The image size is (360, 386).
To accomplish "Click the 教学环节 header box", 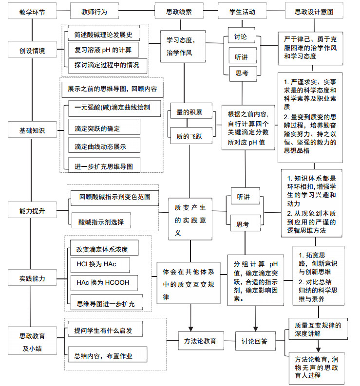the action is pyautogui.click(x=32, y=11).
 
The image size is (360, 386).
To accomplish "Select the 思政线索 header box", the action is pyautogui.click(x=179, y=11).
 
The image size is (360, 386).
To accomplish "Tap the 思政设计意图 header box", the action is pyautogui.click(x=314, y=11).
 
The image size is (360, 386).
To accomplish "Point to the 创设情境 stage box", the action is pyautogui.click(x=32, y=50).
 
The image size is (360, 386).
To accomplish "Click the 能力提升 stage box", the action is pyautogui.click(x=32, y=210).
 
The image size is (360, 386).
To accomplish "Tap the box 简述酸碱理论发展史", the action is pyautogui.click(x=104, y=33).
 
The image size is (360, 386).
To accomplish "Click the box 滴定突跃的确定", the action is pyautogui.click(x=104, y=127).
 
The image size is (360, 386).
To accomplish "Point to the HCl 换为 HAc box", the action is pyautogui.click(x=100, y=265).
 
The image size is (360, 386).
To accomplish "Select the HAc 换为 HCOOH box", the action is pyautogui.click(x=104, y=283).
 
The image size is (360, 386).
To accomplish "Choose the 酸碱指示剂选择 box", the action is pyautogui.click(x=101, y=221).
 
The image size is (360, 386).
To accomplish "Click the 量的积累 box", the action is pyautogui.click(x=191, y=111).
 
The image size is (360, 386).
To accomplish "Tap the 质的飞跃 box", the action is pyautogui.click(x=191, y=136).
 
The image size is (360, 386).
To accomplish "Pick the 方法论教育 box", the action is pyautogui.click(x=201, y=341).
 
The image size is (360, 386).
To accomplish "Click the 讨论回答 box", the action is pyautogui.click(x=255, y=341).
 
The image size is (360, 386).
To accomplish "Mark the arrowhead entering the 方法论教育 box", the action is pyautogui.click(x=191, y=329).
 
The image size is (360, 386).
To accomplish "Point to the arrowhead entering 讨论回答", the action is pyautogui.click(x=256, y=329).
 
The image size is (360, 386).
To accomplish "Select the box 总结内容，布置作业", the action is pyautogui.click(x=108, y=355).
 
